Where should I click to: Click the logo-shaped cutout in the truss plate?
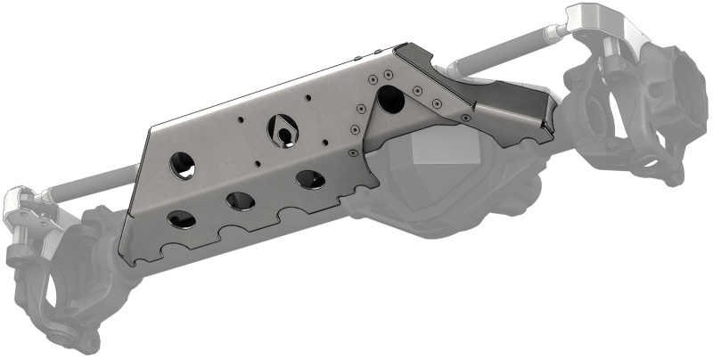282,132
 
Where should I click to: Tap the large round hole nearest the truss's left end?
183,165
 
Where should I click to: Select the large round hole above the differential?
389,99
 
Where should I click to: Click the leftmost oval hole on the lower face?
181,219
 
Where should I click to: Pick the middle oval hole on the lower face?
242,200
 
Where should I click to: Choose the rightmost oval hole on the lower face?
311,179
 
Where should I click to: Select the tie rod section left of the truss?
89,184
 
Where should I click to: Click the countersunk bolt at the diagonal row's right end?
467,116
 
